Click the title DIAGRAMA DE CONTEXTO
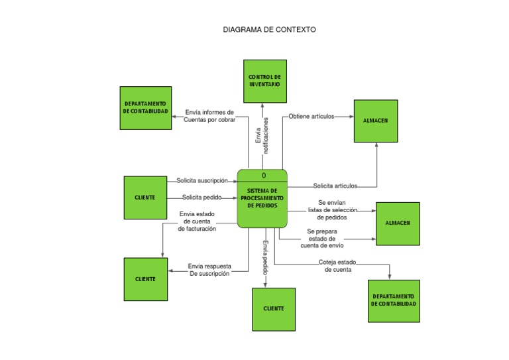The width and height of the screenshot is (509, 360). [269, 30]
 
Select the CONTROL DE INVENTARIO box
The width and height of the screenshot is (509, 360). [264, 81]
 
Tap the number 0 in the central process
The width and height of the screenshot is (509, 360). [263, 176]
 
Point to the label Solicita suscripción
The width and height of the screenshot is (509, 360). [201, 180]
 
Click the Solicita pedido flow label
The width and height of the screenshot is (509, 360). [202, 197]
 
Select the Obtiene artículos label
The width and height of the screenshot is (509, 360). [311, 117]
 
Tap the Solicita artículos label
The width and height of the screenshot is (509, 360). [335, 186]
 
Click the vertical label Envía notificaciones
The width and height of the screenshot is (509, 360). [262, 135]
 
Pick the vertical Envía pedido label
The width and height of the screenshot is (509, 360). [265, 258]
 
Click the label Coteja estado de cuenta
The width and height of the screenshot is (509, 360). [337, 265]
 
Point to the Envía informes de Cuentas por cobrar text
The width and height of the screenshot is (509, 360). [209, 116]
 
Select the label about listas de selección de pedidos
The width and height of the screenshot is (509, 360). [333, 210]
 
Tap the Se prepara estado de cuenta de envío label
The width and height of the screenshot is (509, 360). [322, 238]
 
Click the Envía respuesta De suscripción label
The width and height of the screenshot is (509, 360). [209, 269]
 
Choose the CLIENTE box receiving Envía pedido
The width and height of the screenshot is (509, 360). [274, 309]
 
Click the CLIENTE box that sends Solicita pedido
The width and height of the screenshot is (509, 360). [145, 198]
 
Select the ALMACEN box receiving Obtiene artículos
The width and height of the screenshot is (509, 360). [376, 121]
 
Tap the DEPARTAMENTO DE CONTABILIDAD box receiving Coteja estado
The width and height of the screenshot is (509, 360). [394, 300]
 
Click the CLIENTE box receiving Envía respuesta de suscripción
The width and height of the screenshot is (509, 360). [146, 279]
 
